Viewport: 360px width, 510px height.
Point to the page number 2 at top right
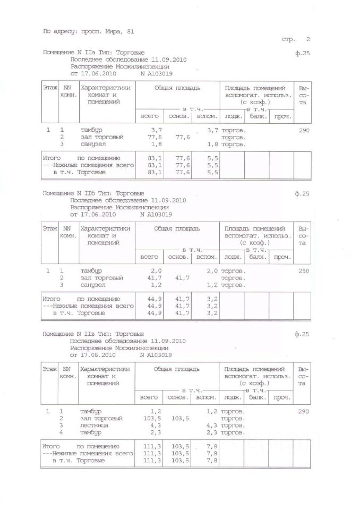tap(307, 40)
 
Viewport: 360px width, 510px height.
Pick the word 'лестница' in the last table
tap(95, 426)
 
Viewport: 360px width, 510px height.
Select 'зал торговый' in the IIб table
tap(102, 278)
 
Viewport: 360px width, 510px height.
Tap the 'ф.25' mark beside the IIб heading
tap(301, 194)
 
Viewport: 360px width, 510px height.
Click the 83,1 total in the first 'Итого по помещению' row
tap(155, 159)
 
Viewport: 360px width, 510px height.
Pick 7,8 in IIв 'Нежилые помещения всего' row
tap(211, 454)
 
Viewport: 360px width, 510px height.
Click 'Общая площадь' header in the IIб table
tap(177, 228)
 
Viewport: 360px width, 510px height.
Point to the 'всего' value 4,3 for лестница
tap(155, 426)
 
